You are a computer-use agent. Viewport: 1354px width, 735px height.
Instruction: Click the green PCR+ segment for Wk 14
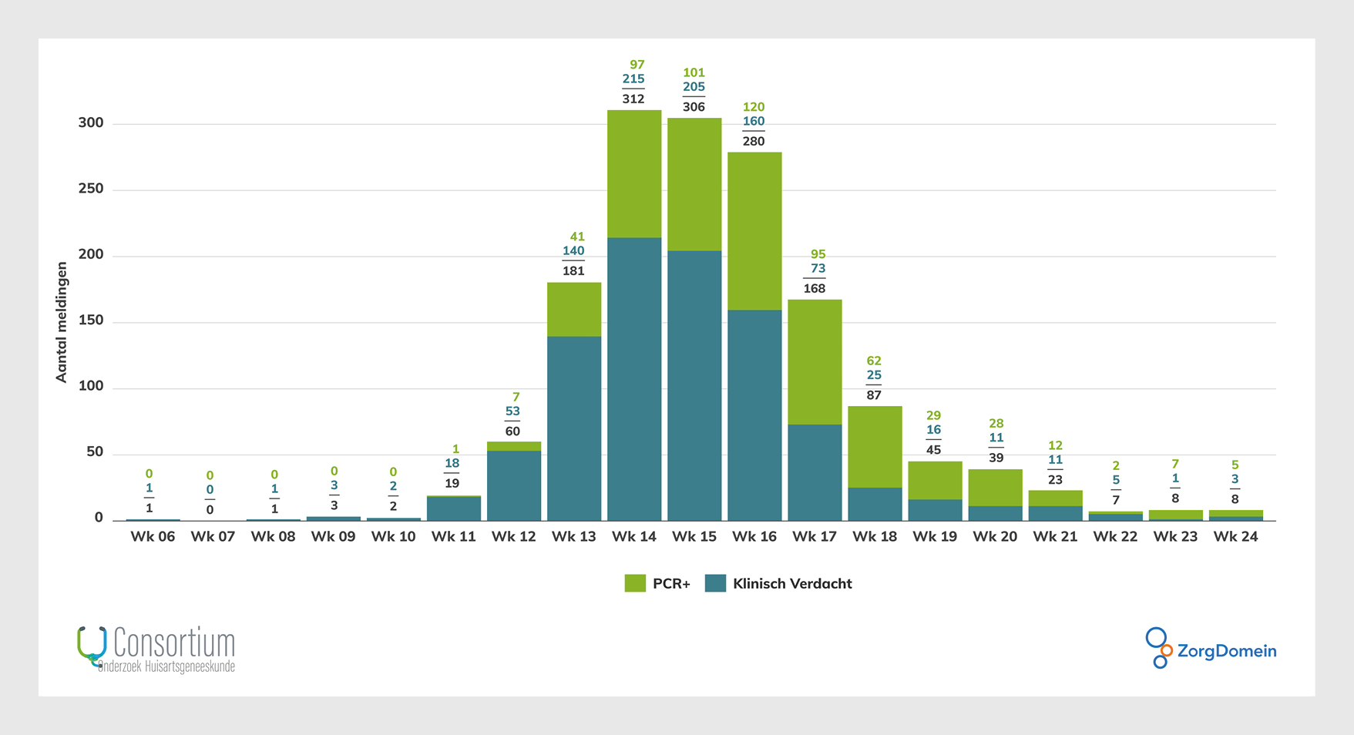tap(634, 174)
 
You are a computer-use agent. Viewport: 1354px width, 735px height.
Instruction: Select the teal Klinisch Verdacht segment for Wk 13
tap(574, 428)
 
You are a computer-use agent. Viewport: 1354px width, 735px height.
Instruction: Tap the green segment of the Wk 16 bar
tap(754, 231)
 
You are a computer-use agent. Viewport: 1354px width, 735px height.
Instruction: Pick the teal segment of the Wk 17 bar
tap(815, 472)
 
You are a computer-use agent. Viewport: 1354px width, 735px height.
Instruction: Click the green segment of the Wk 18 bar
tap(875, 447)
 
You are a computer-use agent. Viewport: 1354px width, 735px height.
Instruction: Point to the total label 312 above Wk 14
tap(633, 99)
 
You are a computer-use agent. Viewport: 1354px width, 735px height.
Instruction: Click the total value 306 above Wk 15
tap(694, 107)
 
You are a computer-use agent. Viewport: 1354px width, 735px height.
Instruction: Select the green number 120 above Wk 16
tap(754, 107)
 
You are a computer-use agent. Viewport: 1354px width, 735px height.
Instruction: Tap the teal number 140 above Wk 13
tap(573, 251)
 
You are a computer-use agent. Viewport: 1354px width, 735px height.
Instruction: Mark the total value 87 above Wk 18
tap(874, 395)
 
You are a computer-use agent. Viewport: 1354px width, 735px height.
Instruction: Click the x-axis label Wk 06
tap(153, 537)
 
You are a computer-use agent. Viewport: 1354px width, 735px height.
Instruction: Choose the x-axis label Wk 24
tap(1235, 537)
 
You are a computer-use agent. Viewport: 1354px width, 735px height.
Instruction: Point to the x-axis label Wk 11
tap(453, 537)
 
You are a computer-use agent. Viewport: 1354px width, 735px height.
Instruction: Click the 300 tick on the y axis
tap(91, 123)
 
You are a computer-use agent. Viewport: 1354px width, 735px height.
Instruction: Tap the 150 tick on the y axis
tap(91, 321)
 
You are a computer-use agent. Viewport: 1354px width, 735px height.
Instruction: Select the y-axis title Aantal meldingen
tap(62, 322)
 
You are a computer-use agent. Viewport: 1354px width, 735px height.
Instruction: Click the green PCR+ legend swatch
tap(635, 583)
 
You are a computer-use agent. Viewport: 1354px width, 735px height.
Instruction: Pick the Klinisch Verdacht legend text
tap(792, 584)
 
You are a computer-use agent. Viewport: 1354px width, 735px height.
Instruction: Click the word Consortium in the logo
tap(174, 643)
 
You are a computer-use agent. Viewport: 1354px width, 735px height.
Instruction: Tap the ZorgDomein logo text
tap(1227, 651)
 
